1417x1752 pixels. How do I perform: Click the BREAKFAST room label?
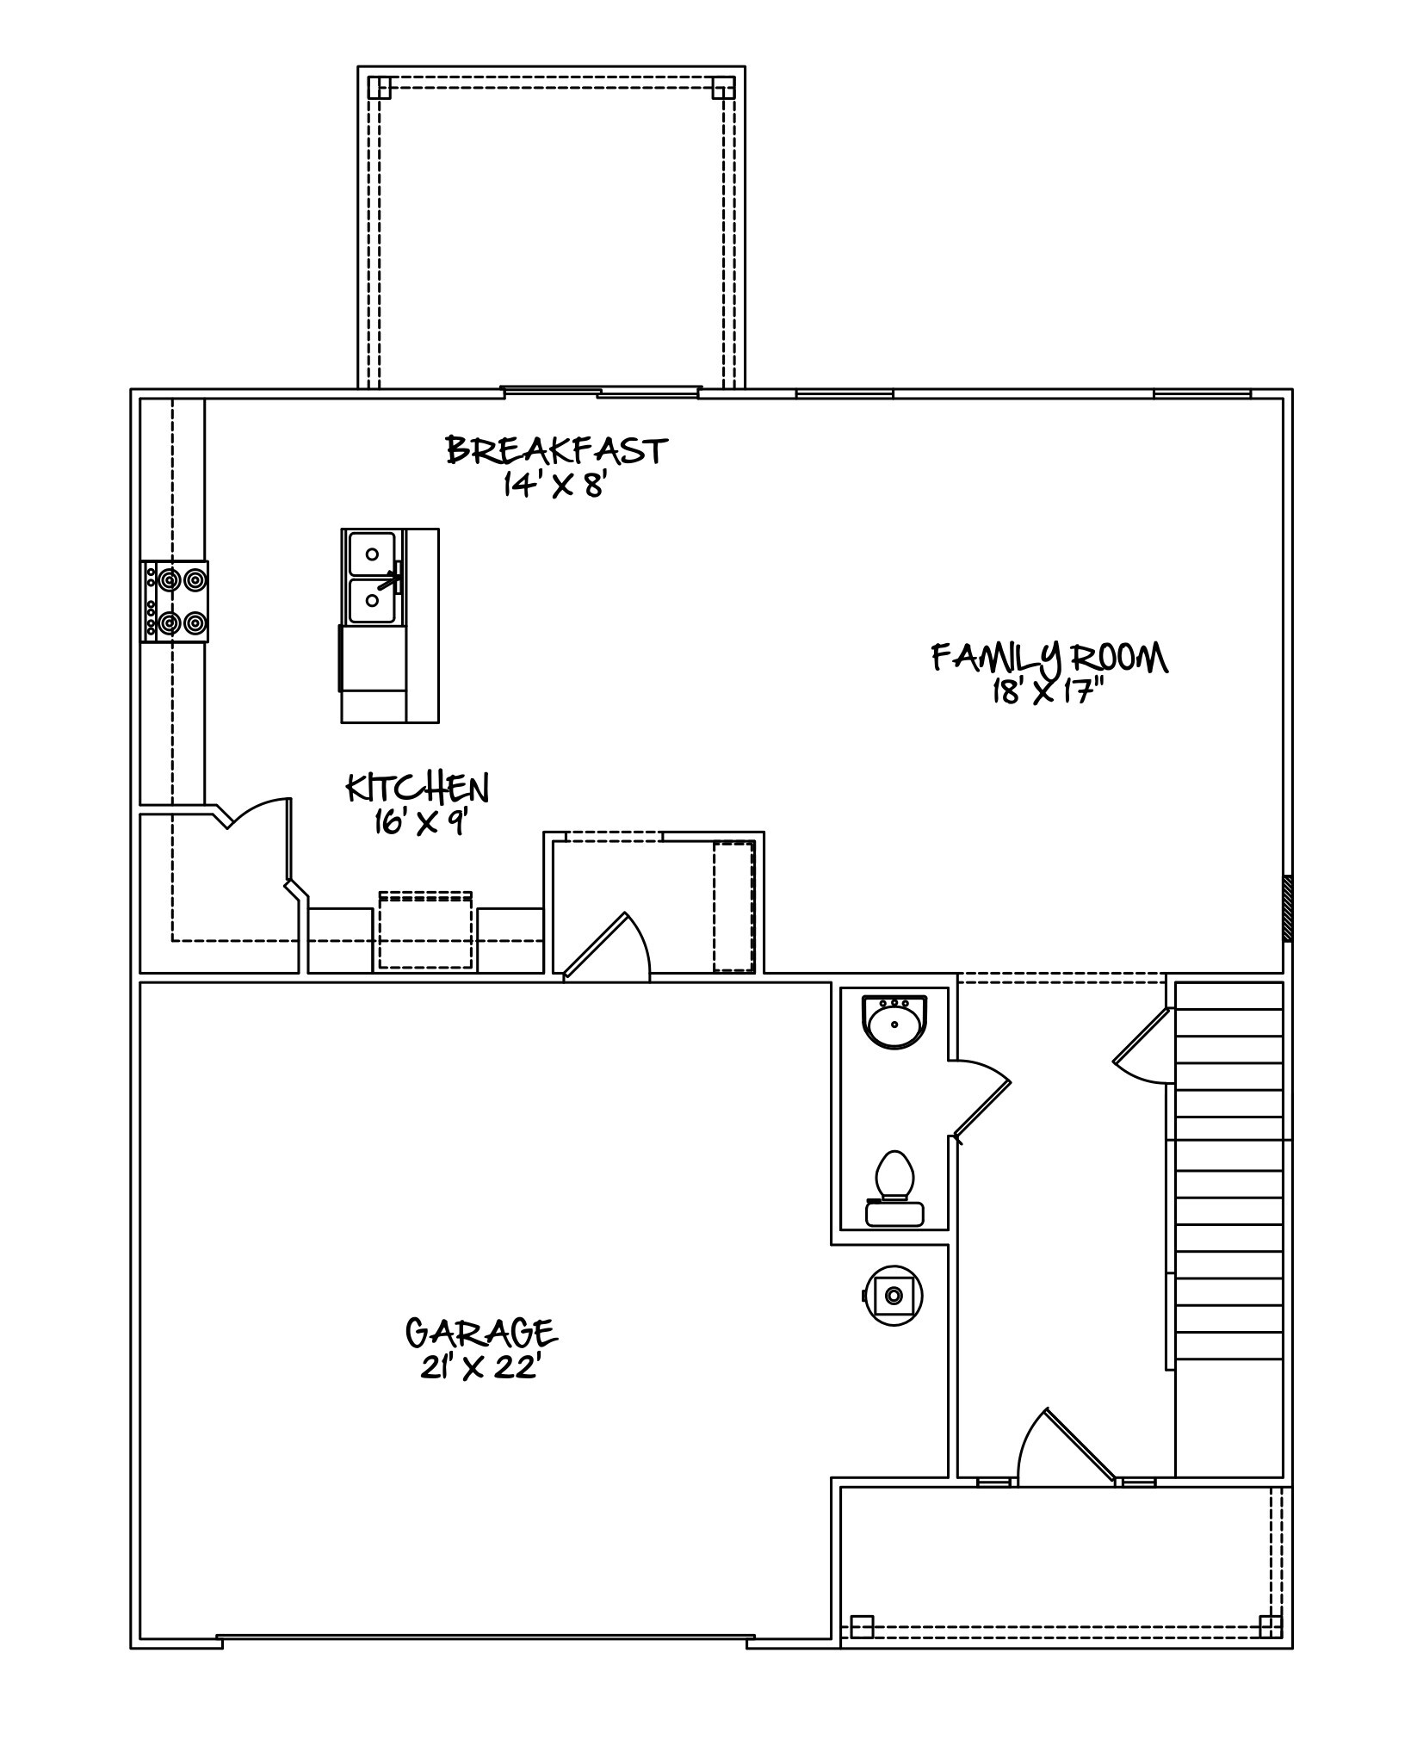pyautogui.click(x=557, y=450)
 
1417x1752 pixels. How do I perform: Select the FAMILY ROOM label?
pyautogui.click(x=1050, y=659)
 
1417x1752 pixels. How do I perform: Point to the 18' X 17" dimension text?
pyautogui.click(x=1049, y=692)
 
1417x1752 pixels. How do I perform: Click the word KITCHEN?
pyautogui.click(x=418, y=788)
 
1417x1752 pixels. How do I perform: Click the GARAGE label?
pyautogui.click(x=481, y=1333)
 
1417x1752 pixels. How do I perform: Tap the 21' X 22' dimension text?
pyautogui.click(x=480, y=1368)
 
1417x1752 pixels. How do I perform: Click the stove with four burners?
pyautogui.click(x=175, y=601)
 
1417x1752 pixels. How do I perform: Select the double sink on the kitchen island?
pyautogui.click(x=373, y=577)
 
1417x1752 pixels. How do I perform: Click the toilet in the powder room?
pyautogui.click(x=894, y=1188)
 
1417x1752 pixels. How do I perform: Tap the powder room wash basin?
pyautogui.click(x=894, y=1022)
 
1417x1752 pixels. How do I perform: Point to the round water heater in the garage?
pyautogui.click(x=894, y=1295)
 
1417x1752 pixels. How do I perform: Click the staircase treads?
pyautogui.click(x=1228, y=1175)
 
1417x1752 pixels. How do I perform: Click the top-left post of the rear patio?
pyautogui.click(x=380, y=88)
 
